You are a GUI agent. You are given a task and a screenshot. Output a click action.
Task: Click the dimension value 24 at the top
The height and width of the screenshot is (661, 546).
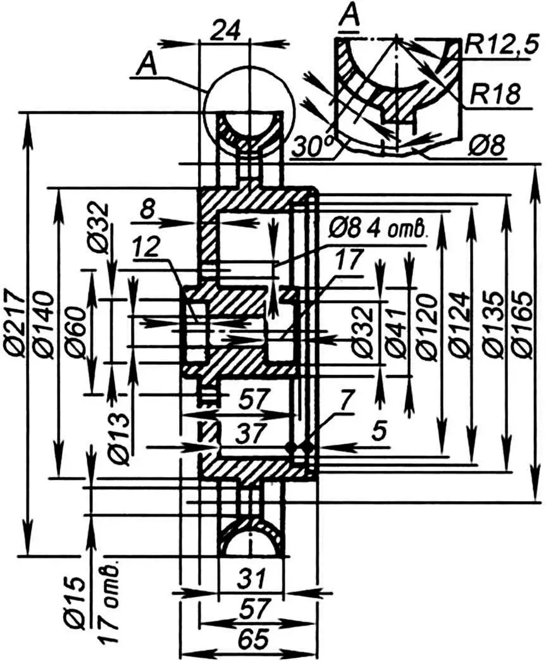click(x=225, y=30)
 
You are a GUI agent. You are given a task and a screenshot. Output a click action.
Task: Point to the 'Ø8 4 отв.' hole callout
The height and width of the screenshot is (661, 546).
click(x=379, y=227)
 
